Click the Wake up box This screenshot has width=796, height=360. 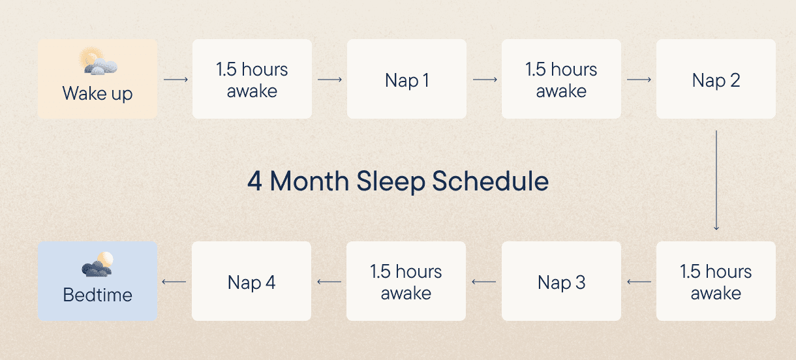tap(97, 79)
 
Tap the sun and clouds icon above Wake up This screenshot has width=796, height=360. tap(98, 61)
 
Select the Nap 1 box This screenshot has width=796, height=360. tap(406, 79)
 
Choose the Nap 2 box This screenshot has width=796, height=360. tap(716, 79)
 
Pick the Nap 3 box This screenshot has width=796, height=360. tap(562, 281)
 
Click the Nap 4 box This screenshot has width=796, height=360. tap(252, 281)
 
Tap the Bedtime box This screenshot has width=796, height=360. tap(97, 281)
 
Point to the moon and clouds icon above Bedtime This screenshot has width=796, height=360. tap(98, 264)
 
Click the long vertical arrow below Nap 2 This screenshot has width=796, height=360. tap(716, 181)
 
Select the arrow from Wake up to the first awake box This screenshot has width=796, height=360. tap(176, 80)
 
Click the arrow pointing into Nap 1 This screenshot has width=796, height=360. tap(329, 80)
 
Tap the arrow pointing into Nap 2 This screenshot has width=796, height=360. tap(639, 80)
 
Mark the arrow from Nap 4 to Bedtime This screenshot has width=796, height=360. tap(174, 282)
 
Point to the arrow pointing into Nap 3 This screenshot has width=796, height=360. tap(639, 282)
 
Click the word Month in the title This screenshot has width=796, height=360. tap(309, 181)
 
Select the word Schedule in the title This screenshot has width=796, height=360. tap(491, 181)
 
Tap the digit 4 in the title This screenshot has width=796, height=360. tap(255, 181)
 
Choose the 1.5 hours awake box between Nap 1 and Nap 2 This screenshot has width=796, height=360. tap(562, 79)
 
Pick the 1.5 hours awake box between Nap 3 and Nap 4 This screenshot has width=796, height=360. tap(406, 281)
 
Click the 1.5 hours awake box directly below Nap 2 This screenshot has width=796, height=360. tap(716, 281)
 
